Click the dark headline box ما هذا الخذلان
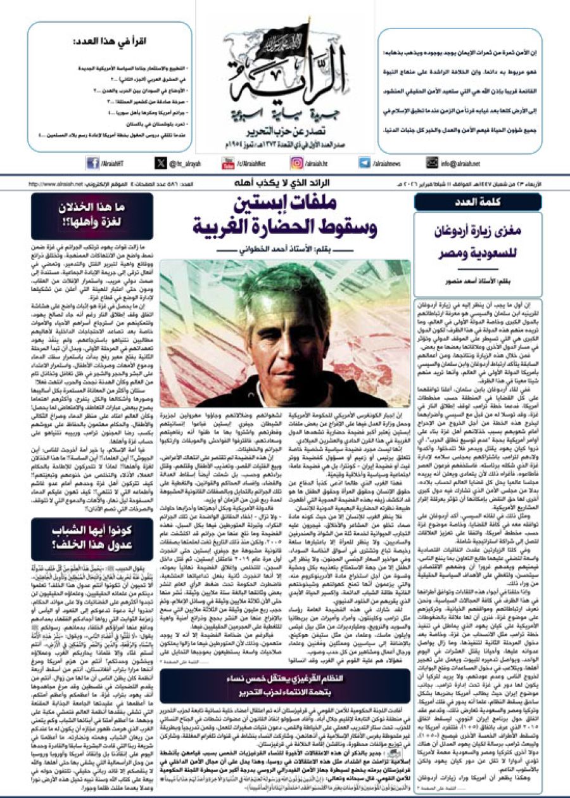point(92,216)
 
